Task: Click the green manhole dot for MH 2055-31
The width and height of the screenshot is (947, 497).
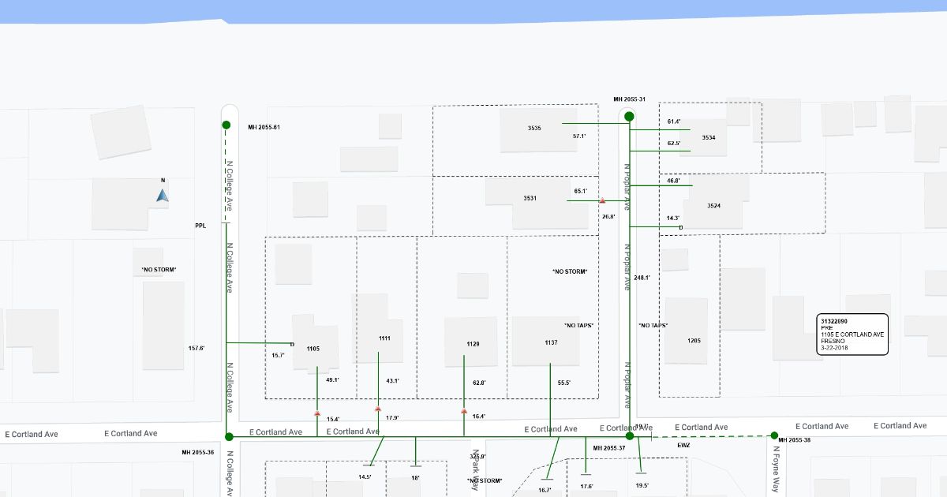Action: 629,117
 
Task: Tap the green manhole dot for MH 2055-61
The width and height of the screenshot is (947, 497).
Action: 226,125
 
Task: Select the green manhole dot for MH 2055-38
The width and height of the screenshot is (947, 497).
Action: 774,435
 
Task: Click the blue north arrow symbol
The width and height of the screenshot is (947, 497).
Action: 163,195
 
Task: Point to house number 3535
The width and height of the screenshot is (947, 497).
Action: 534,128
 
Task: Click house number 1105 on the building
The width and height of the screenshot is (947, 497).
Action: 313,349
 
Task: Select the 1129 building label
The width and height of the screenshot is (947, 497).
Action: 473,344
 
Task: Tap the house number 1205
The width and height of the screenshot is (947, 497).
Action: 694,341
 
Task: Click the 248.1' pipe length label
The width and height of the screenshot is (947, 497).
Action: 642,278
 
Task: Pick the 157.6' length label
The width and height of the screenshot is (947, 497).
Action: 197,348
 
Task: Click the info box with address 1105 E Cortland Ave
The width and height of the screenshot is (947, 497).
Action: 852,334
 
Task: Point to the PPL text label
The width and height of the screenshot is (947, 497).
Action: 200,226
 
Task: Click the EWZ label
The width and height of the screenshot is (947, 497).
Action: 683,446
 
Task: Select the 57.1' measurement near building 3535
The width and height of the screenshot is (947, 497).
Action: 579,136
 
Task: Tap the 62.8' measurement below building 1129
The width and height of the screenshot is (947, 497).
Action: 478,383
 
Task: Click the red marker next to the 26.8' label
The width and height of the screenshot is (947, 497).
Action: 602,202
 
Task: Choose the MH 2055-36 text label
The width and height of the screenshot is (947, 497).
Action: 197,452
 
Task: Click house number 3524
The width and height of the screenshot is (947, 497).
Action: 713,206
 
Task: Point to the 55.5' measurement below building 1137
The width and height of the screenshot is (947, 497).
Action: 563,383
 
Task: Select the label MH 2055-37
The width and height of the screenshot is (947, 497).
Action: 608,448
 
